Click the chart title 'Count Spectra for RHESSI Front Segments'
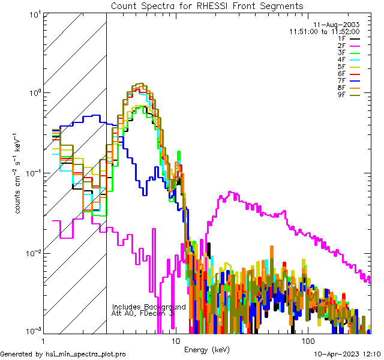point(207,5)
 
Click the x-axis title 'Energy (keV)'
point(206,349)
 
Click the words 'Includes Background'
point(149,307)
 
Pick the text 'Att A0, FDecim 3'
point(143,313)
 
